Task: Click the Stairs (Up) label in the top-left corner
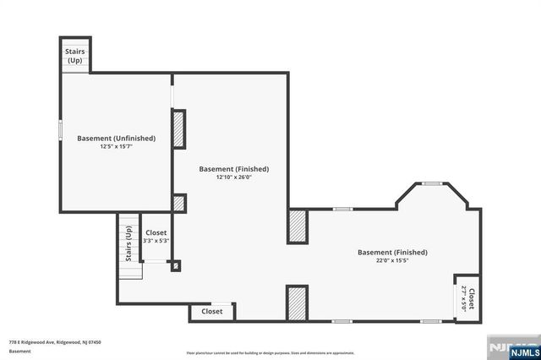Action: click(74, 55)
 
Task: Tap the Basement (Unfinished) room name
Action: click(116, 138)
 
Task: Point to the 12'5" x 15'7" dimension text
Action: click(116, 147)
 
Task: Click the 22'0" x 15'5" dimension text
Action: click(392, 260)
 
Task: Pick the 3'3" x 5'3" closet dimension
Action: click(156, 241)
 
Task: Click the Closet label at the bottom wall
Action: click(212, 311)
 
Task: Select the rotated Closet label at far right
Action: click(467, 299)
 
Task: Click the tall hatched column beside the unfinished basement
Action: click(178, 128)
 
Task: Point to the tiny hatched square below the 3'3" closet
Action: click(176, 267)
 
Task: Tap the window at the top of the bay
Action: click(432, 183)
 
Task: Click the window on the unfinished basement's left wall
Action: click(60, 131)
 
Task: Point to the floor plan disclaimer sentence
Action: click(270, 352)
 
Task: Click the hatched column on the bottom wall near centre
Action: click(296, 303)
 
